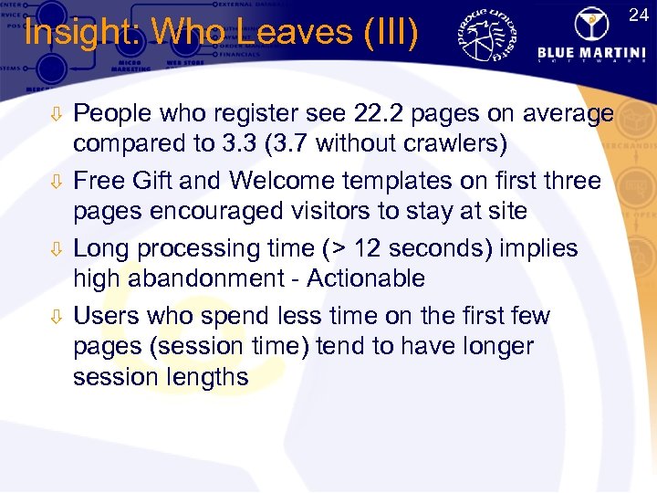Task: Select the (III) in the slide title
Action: click(x=390, y=33)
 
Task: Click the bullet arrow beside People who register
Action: click(x=56, y=115)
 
